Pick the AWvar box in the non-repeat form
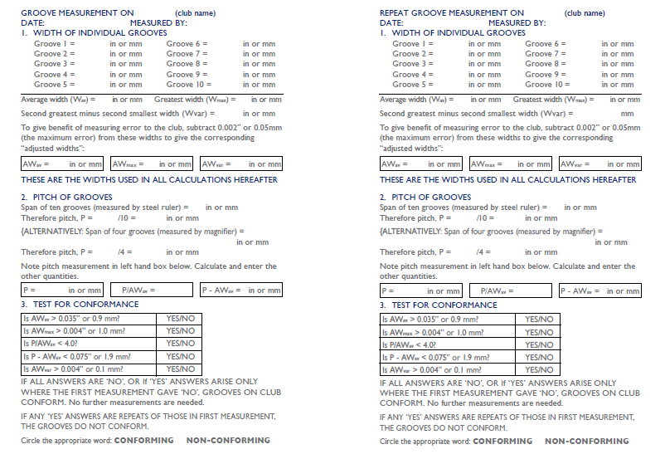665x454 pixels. coord(241,164)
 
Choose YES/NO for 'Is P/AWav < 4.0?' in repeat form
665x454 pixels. coord(539,344)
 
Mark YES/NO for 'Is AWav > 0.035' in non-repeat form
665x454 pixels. coord(180,319)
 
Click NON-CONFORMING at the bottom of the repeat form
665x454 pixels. coord(586,441)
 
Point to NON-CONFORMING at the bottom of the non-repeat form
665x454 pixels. coord(228,441)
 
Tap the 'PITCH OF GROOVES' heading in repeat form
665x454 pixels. coord(425,198)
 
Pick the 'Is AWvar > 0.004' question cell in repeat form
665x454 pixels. coord(448,370)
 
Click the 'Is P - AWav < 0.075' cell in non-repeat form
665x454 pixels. coord(89,357)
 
